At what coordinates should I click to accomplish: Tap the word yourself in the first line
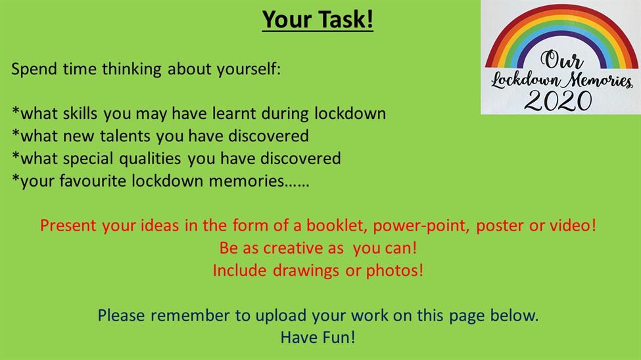(249, 69)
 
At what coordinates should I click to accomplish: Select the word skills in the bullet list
(80, 113)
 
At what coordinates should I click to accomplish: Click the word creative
(303, 248)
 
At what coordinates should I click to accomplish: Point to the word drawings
(306, 271)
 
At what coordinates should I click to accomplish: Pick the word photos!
(394, 271)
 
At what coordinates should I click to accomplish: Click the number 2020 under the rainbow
(558, 101)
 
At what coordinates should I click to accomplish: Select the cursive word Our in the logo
(561, 60)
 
